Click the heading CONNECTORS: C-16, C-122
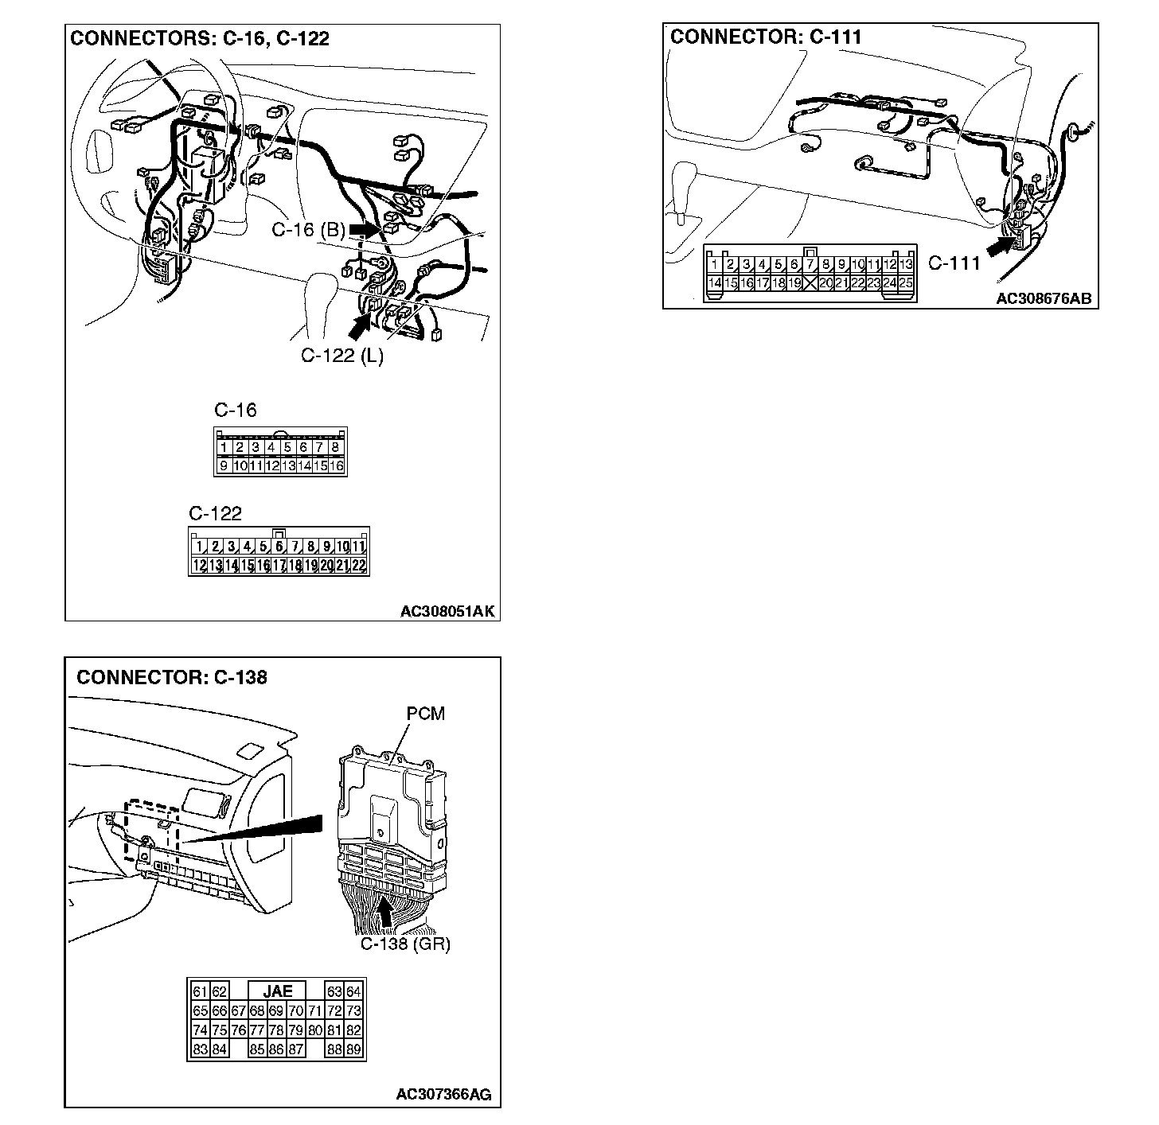[200, 38]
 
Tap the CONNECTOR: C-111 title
[766, 37]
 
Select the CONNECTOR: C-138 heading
[172, 677]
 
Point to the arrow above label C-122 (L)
[360, 325]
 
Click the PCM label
[425, 714]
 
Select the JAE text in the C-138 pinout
[278, 991]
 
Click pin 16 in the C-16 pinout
[336, 465]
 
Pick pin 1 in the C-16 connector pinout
[224, 448]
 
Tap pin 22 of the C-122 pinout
[358, 566]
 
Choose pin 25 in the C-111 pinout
[906, 282]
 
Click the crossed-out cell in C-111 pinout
[810, 282]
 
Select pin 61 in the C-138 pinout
[200, 991]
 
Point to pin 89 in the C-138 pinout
[354, 1049]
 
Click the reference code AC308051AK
[447, 611]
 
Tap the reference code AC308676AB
[1043, 299]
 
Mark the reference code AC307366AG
[443, 1095]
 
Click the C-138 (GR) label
[405, 944]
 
